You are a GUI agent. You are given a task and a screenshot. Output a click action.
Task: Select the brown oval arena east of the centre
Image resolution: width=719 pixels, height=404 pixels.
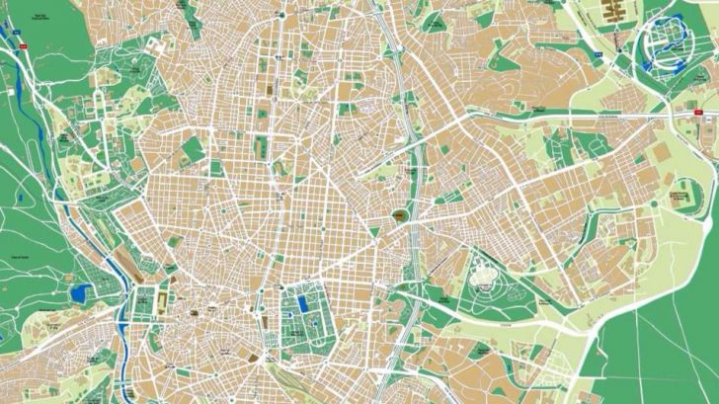coord(401,216)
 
